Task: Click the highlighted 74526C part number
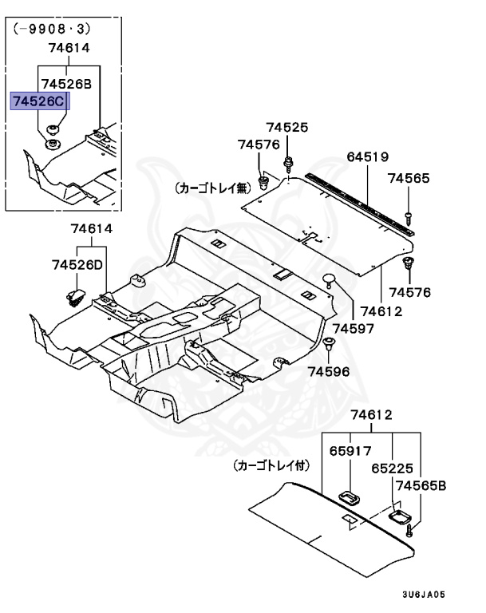tap(39, 102)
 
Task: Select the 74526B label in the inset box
tap(66, 84)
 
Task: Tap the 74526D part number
tap(77, 264)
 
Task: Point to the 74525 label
tap(286, 128)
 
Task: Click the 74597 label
tap(352, 328)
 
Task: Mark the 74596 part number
tap(329, 371)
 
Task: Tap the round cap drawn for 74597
tap(330, 279)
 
